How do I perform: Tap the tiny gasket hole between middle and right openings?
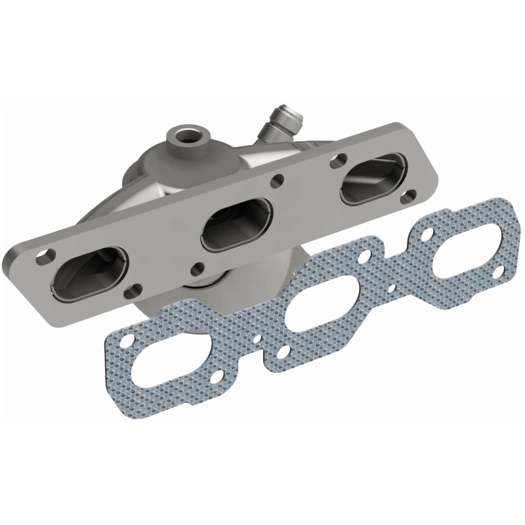[392, 287]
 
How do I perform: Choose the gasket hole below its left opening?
[283, 353]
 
